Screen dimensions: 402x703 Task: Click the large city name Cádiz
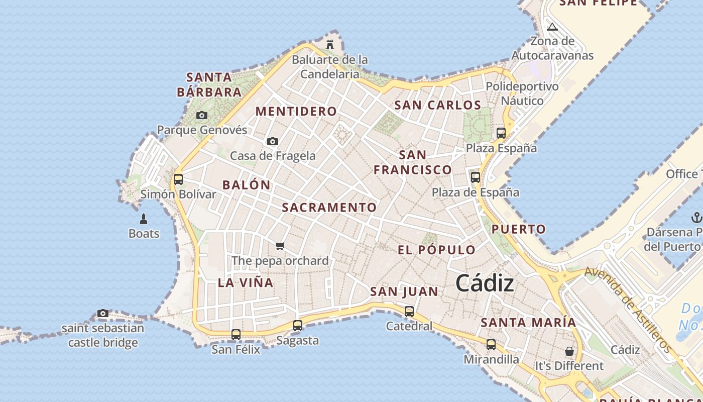(485, 284)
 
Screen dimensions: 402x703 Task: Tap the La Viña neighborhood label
(246, 282)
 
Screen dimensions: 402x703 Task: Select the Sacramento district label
(329, 207)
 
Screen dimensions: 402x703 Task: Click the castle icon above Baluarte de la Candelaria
(330, 44)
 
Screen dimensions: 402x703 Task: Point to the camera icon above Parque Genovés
(202, 116)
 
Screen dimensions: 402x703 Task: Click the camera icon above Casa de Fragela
(273, 141)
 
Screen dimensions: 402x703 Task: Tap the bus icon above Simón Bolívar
(178, 179)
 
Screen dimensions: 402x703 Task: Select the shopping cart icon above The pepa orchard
(280, 246)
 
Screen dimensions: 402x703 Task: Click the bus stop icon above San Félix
(236, 334)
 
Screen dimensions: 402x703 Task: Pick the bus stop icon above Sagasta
(298, 326)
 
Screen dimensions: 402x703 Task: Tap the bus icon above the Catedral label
(409, 312)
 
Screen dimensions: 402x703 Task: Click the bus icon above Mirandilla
(491, 345)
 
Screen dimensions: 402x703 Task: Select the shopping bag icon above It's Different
(569, 351)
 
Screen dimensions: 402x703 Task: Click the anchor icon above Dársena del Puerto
(696, 218)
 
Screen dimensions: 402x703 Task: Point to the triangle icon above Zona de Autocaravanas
(552, 27)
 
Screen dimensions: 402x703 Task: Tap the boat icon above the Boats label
(144, 219)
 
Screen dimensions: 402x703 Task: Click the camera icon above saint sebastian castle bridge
(103, 314)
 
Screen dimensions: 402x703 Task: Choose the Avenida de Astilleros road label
(628, 309)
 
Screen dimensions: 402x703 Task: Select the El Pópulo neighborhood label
(436, 250)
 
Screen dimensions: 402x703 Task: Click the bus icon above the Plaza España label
(501, 133)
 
